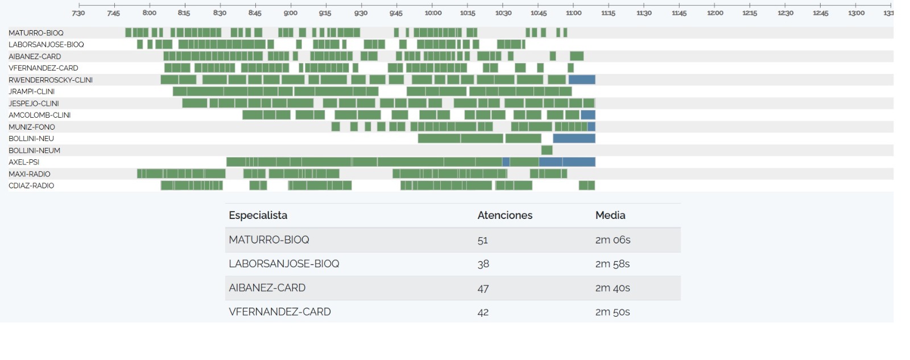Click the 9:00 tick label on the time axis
click(x=291, y=13)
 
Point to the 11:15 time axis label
click(x=608, y=13)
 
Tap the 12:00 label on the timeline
click(x=715, y=13)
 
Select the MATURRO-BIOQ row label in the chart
click(x=36, y=33)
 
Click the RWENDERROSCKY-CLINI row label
click(x=51, y=80)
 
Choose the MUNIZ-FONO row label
click(x=32, y=127)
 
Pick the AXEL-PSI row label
click(x=24, y=162)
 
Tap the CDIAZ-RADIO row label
click(x=31, y=186)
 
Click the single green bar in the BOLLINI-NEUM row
click(x=547, y=150)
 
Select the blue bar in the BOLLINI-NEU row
click(x=574, y=139)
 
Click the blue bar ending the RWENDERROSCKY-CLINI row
click(x=582, y=80)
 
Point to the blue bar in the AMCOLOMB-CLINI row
click(x=588, y=115)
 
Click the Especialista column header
click(x=258, y=216)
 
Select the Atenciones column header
click(x=504, y=216)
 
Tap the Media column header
click(x=610, y=216)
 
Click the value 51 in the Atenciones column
click(x=483, y=240)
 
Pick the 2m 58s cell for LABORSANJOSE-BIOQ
click(x=613, y=264)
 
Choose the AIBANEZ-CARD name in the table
click(x=267, y=288)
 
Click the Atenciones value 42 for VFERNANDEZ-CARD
click(x=483, y=312)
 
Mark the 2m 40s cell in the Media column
click(x=613, y=288)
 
